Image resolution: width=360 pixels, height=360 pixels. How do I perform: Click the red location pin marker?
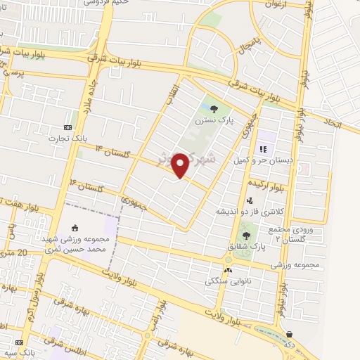click(x=181, y=165)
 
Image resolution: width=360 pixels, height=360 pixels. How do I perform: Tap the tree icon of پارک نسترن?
click(x=213, y=108)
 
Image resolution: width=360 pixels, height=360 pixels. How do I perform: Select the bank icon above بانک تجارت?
click(x=67, y=127)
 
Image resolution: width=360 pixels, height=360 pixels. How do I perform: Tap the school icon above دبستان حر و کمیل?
click(x=264, y=148)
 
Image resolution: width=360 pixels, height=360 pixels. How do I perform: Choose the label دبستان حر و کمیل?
click(x=264, y=160)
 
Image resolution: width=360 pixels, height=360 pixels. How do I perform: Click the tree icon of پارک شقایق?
click(x=246, y=236)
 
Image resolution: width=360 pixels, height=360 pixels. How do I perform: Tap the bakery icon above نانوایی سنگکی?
click(x=227, y=270)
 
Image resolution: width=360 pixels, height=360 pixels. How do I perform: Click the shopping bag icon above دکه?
click(x=290, y=334)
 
